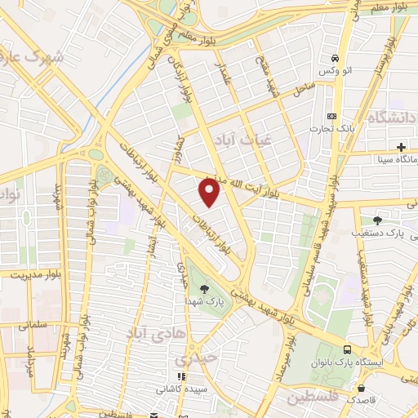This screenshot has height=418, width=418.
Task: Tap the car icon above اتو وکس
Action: click(335, 59)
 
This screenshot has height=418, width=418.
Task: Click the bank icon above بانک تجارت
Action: click(330, 116)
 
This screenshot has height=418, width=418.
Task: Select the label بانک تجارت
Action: click(330, 128)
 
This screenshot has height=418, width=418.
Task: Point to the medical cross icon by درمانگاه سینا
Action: click(401, 146)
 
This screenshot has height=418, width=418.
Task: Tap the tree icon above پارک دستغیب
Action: click(377, 220)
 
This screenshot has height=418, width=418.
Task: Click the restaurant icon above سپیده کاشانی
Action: click(180, 377)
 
